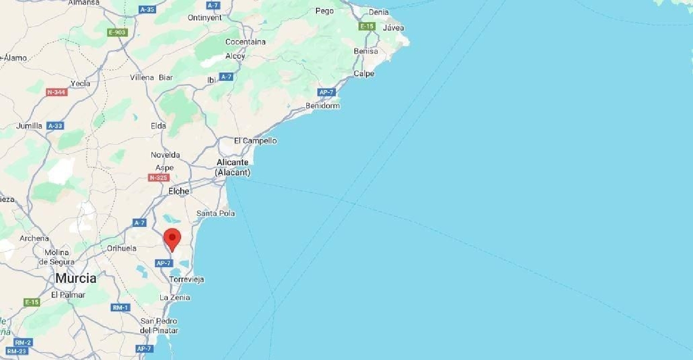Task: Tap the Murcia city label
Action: [76, 278]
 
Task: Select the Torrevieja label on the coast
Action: [187, 280]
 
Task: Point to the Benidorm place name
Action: [322, 106]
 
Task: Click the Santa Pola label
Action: [216, 213]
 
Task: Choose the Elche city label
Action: [179, 191]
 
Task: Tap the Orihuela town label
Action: [122, 248]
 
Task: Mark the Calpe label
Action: [364, 73]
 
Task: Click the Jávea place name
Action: [394, 28]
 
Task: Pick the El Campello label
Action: [255, 140]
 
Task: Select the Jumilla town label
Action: [29, 126]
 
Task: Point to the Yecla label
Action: [80, 84]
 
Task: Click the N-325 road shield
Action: [158, 177]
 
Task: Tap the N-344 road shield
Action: [57, 92]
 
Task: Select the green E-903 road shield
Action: [117, 32]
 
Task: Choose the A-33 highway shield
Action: [55, 126]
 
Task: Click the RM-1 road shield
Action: [121, 307]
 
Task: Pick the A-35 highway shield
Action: [147, 9]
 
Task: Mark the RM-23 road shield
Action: [17, 351]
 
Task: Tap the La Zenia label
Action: [175, 298]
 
